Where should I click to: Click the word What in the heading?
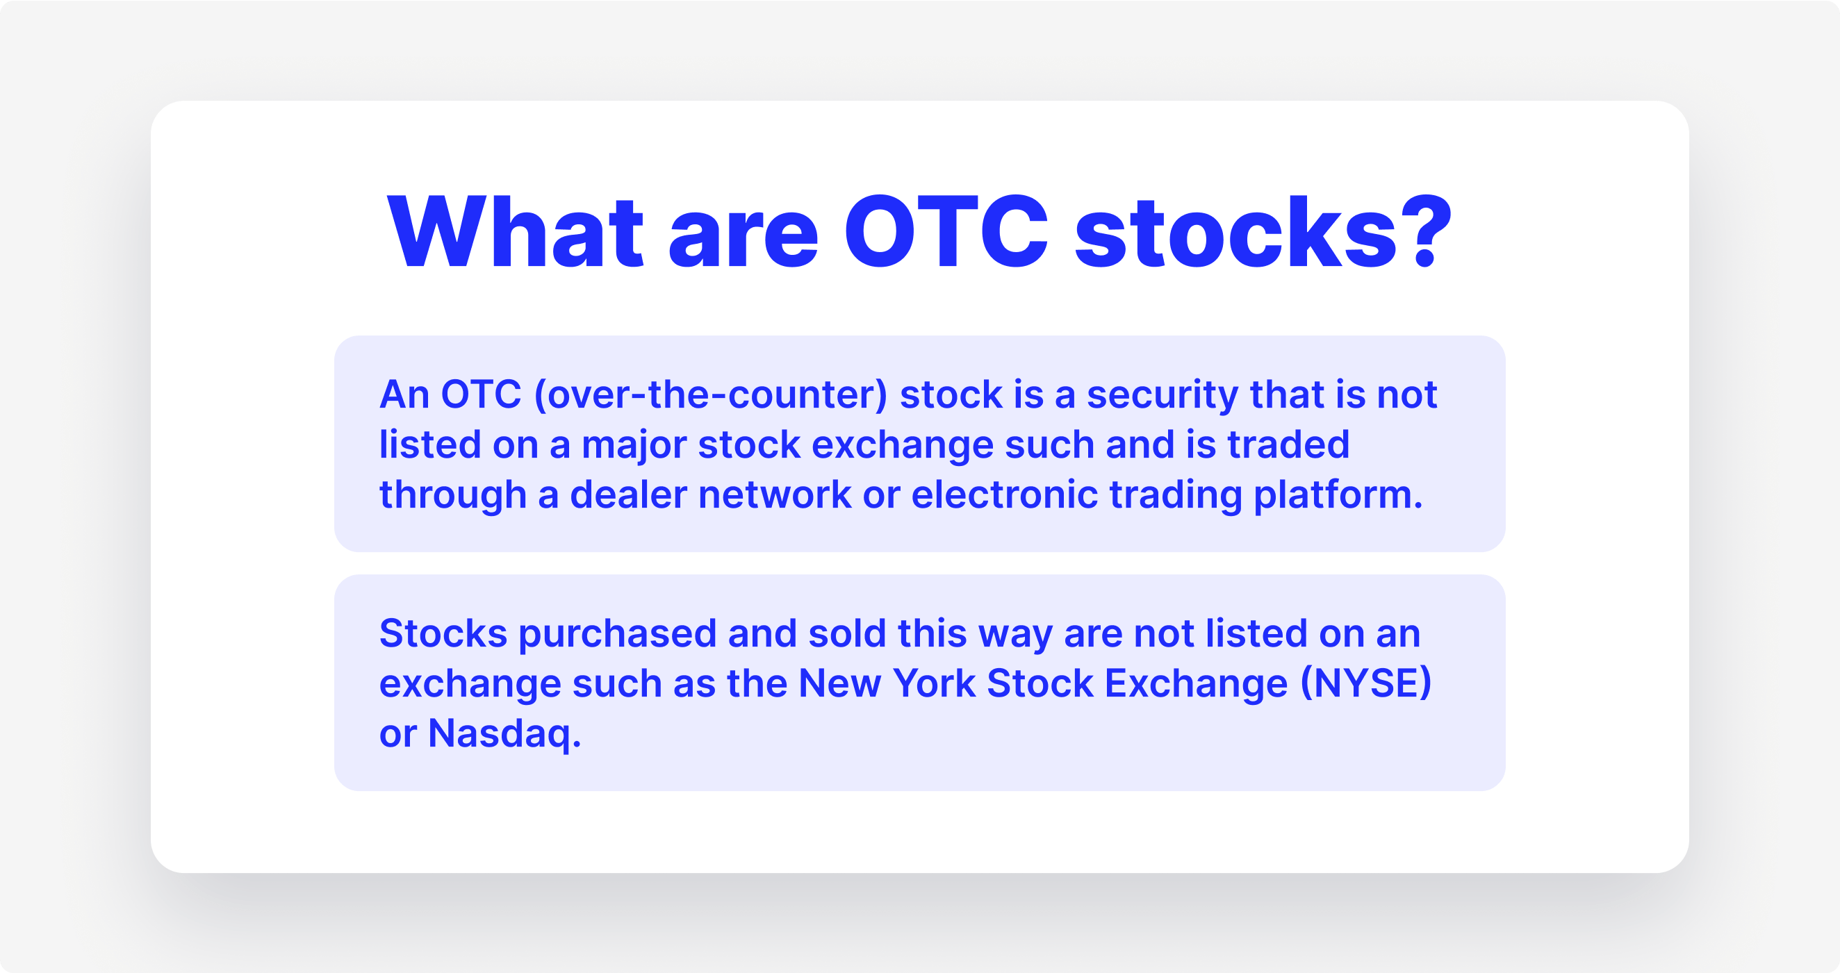pyautogui.click(x=515, y=233)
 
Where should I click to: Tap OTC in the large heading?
pyautogui.click(x=946, y=233)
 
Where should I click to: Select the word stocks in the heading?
pyautogui.click(x=1235, y=233)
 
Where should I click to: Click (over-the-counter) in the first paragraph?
pyautogui.click(x=711, y=394)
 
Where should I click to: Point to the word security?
pyautogui.click(x=1161, y=394)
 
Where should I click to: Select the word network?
pyautogui.click(x=774, y=494)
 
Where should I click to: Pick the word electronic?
pyautogui.click(x=1004, y=494)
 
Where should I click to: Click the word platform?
pyautogui.click(x=1338, y=494)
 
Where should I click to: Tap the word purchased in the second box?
pyautogui.click(x=617, y=634)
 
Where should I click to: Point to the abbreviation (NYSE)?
pyautogui.click(x=1365, y=683)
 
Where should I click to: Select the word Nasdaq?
pyautogui.click(x=504, y=734)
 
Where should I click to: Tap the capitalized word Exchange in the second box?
pyautogui.click(x=1196, y=683)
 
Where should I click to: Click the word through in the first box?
pyautogui.click(x=452, y=494)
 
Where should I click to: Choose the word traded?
pyautogui.click(x=1288, y=444)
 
